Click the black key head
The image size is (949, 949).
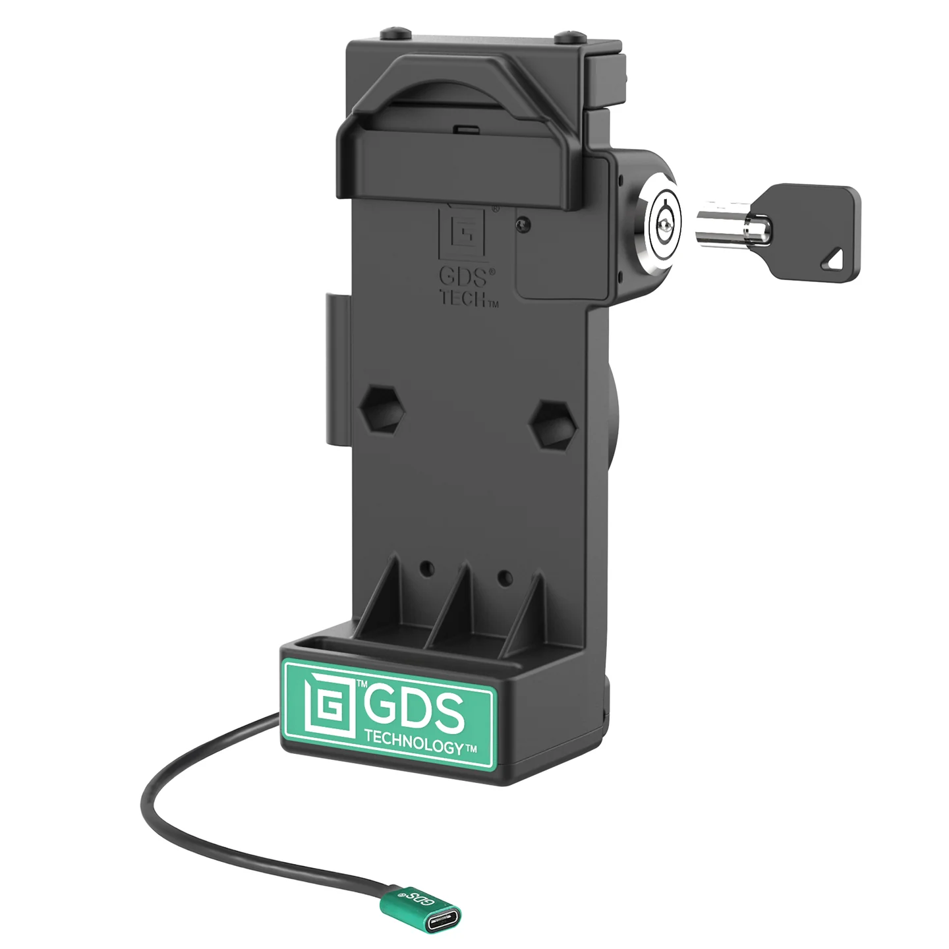click(x=817, y=224)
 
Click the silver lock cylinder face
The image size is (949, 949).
click(x=662, y=226)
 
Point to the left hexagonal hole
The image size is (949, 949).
click(x=384, y=409)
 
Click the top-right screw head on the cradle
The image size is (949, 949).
click(x=569, y=34)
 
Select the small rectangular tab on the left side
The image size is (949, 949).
click(x=333, y=369)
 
